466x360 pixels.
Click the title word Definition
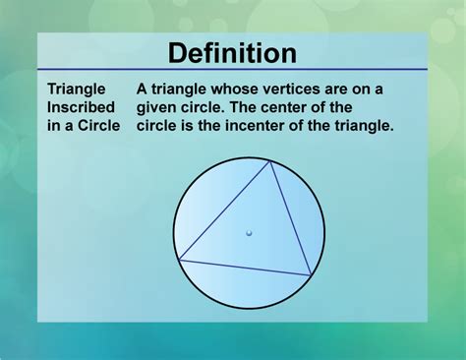coord(232,52)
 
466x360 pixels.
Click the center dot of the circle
coord(249,233)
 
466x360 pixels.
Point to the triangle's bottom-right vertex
coord(312,275)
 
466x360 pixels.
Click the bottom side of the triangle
coord(246,268)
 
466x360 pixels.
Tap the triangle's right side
coord(291,219)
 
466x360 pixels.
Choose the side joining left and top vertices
coord(225,211)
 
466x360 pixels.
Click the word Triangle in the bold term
coord(77,89)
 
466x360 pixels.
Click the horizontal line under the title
coord(233,70)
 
